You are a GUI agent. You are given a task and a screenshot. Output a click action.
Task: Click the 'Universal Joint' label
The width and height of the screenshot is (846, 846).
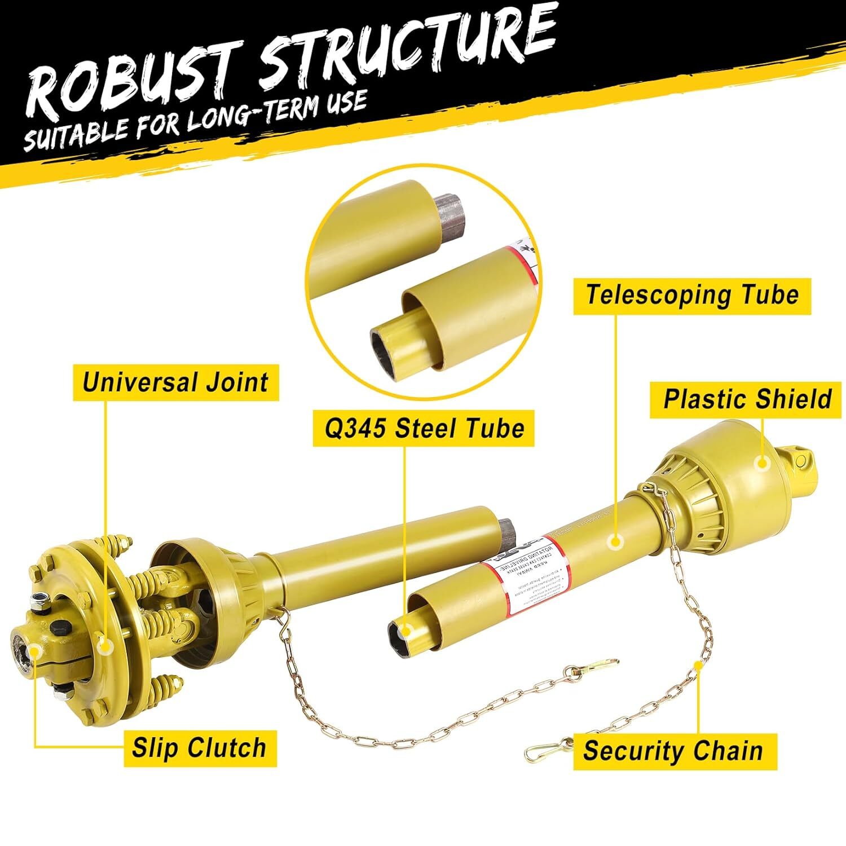click(175, 382)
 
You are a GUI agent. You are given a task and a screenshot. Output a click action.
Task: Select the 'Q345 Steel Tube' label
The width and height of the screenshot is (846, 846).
click(424, 429)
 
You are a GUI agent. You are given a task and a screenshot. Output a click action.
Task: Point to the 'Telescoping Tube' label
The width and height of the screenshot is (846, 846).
click(692, 296)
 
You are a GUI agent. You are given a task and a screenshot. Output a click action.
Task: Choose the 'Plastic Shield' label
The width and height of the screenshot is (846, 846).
click(747, 399)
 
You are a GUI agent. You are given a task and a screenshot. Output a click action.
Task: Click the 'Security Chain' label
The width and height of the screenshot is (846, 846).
click(674, 751)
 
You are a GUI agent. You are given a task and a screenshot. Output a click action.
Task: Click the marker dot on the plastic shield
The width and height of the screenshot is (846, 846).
click(763, 463)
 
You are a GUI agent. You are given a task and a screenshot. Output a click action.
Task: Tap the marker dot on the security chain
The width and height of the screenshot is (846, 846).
click(698, 666)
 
